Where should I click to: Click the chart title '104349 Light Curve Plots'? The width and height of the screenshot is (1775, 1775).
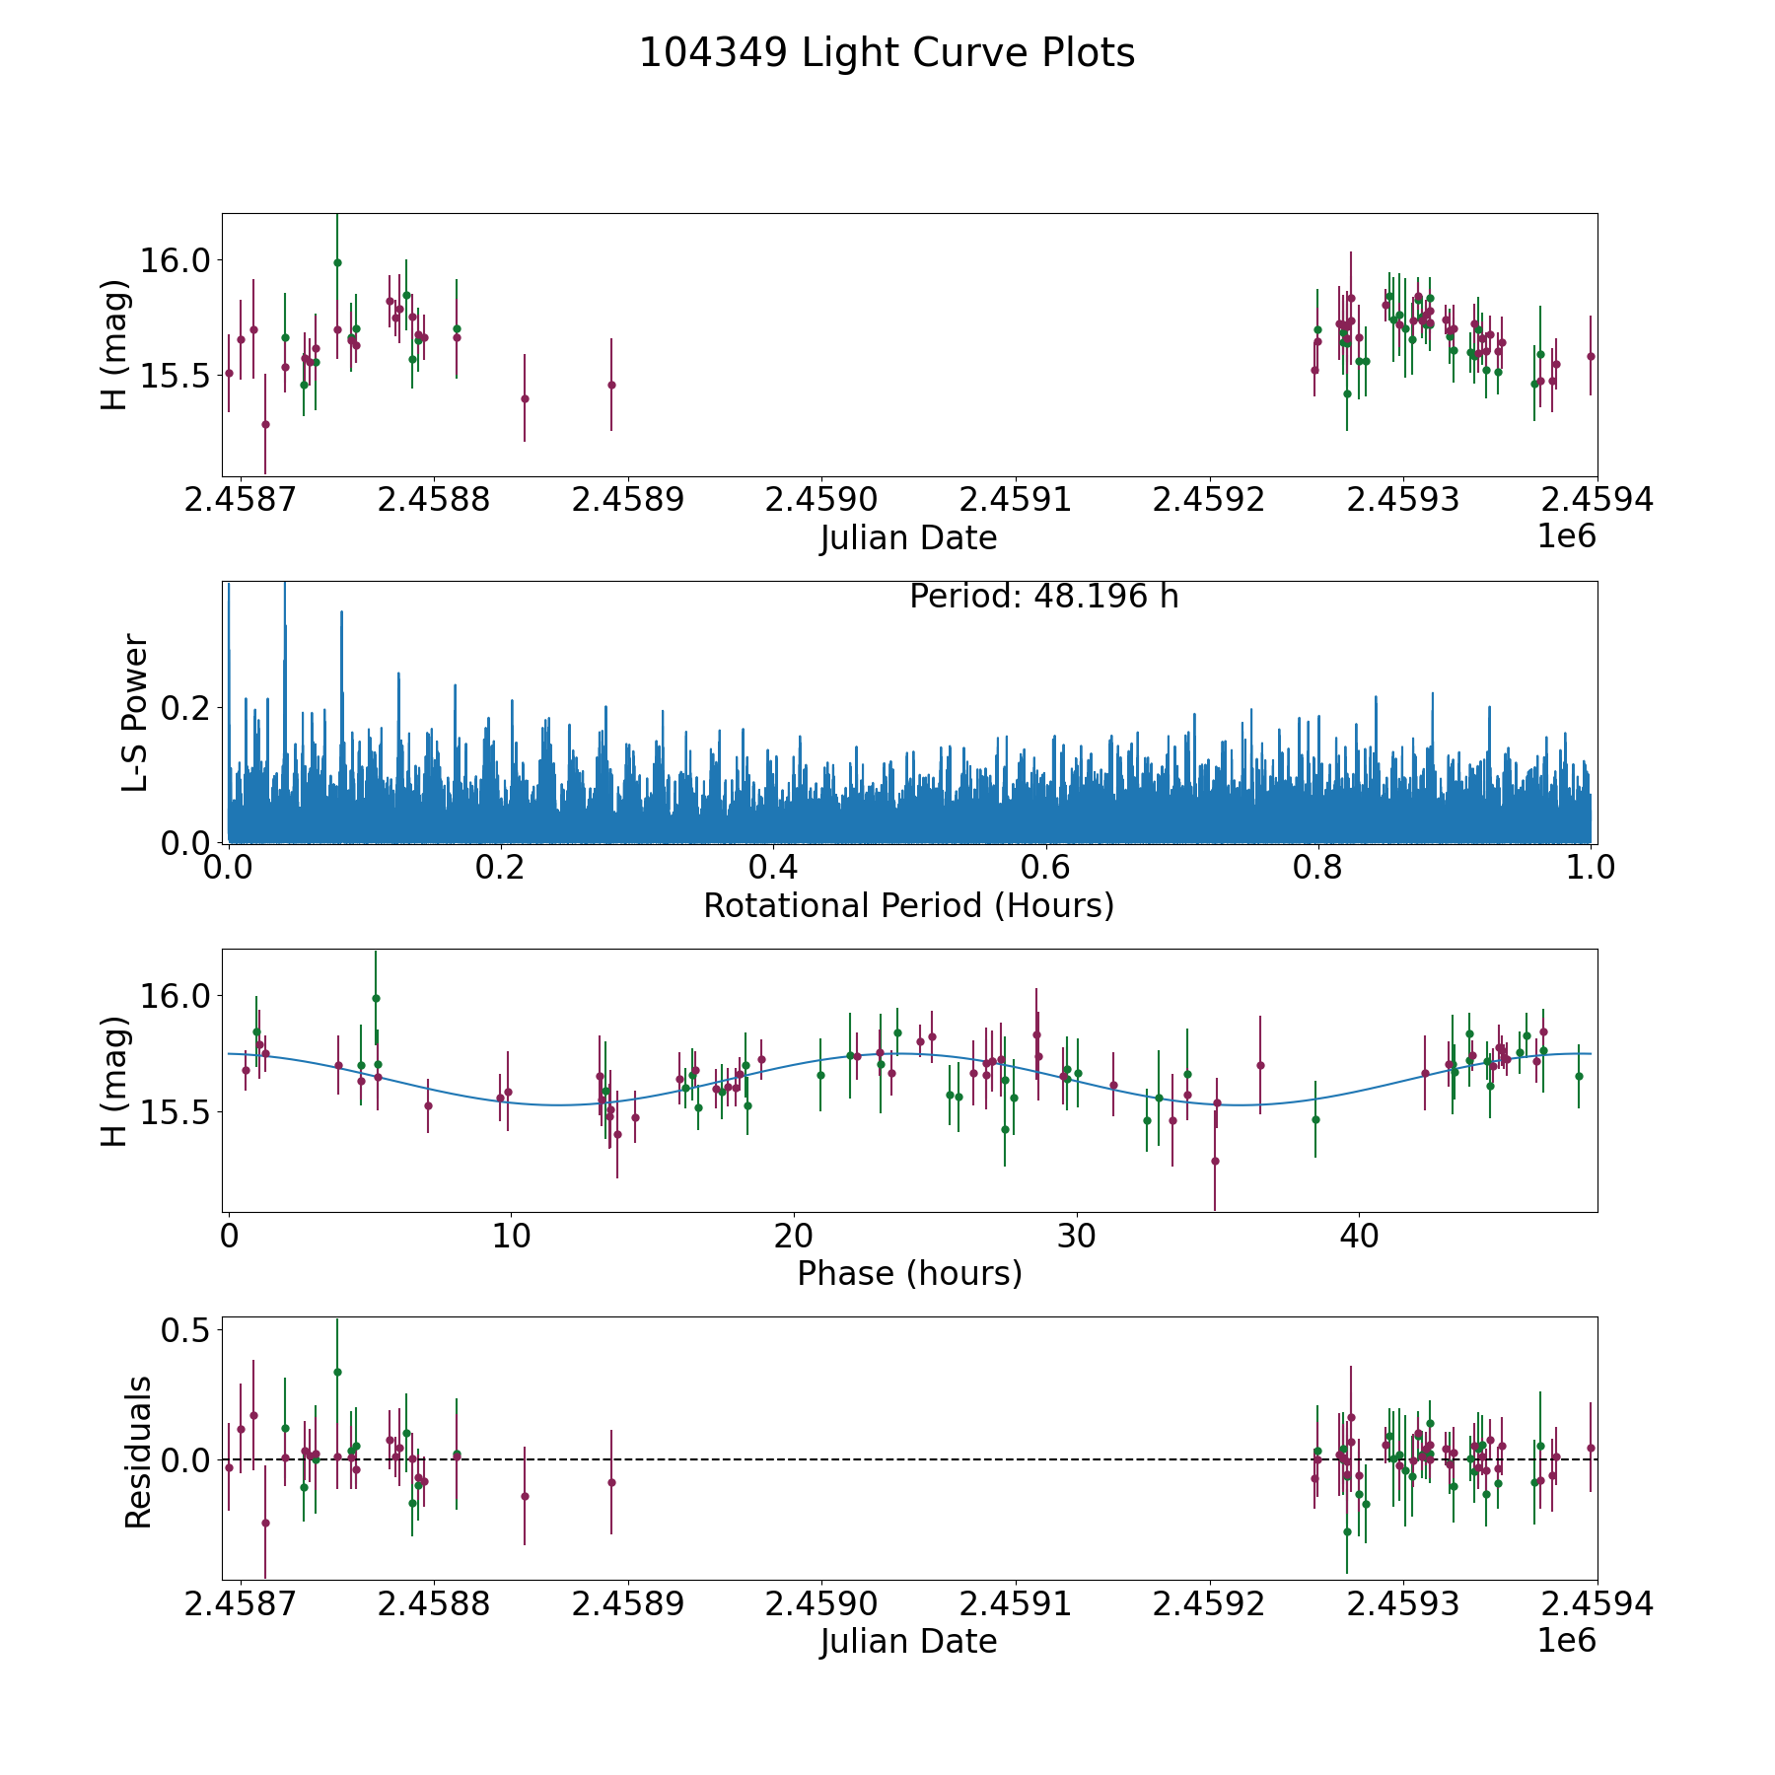point(887,53)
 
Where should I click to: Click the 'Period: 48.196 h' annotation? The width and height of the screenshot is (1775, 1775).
point(1043,597)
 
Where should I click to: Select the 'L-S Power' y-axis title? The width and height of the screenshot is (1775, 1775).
point(135,712)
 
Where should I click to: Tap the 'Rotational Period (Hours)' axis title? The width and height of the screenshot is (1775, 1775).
point(908,905)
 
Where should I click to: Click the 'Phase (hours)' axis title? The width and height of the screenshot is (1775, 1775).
point(909,1273)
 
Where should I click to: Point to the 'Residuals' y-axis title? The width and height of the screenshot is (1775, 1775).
point(138,1452)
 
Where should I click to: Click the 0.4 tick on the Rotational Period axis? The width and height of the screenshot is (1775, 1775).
point(773,869)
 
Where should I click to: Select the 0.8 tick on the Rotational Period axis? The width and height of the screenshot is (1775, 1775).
point(1318,869)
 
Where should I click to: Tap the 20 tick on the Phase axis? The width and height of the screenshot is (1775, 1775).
point(794,1237)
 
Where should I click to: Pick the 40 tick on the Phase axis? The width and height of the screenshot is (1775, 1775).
point(1359,1237)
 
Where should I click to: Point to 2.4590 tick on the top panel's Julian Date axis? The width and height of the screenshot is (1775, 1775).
point(820,500)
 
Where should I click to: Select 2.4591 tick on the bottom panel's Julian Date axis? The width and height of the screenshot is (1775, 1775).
point(1015,1604)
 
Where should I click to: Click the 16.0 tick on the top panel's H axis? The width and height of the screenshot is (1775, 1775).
point(176,261)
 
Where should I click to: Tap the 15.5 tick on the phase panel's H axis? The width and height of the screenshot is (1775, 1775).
point(176,1112)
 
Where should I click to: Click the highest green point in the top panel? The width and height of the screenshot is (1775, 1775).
point(337,262)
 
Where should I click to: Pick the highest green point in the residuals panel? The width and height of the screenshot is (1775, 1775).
point(337,1372)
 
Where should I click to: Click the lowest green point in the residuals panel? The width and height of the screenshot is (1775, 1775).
point(1347,1531)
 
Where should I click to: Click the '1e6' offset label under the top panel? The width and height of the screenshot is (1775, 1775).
point(1566,537)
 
